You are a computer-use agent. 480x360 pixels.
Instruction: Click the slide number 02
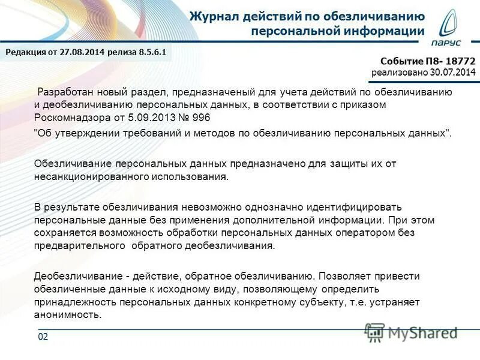[x=43, y=337]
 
